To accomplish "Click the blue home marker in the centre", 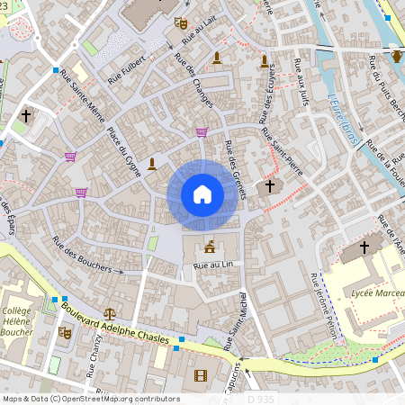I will tap(202, 194).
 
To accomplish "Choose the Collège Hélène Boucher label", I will tap(19, 319).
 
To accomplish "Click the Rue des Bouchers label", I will tap(87, 255).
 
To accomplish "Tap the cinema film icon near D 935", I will tap(200, 375).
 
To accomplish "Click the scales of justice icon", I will tap(110, 313).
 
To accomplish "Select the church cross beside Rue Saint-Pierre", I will tap(269, 184).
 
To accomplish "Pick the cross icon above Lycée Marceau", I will tap(364, 247).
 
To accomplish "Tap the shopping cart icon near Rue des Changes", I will tap(202, 132).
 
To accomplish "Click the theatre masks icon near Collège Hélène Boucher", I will tap(65, 332).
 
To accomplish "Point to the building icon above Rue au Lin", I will tap(210, 247).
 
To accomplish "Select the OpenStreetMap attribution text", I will tap(90, 399).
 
